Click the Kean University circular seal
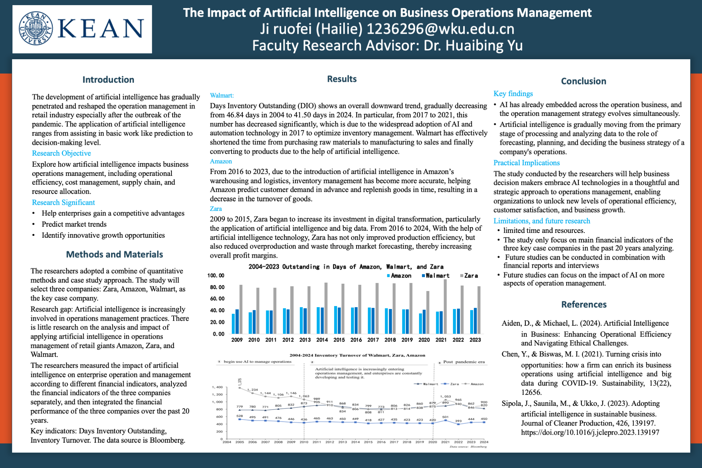point(36,29)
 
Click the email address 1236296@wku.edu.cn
point(441,29)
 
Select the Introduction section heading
point(108,80)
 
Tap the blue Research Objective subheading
point(61,153)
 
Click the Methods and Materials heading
point(114,254)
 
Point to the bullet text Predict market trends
point(74,224)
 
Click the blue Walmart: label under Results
point(222,95)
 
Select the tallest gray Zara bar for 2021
point(445,306)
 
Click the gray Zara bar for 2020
point(428,312)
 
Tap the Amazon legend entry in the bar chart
point(399,276)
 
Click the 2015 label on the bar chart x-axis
point(339,340)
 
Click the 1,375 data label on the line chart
point(240,381)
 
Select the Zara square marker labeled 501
point(445,420)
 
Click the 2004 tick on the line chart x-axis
point(227,442)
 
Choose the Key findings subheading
point(513,94)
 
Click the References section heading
point(584,305)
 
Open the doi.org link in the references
point(590,433)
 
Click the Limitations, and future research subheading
point(541,221)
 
